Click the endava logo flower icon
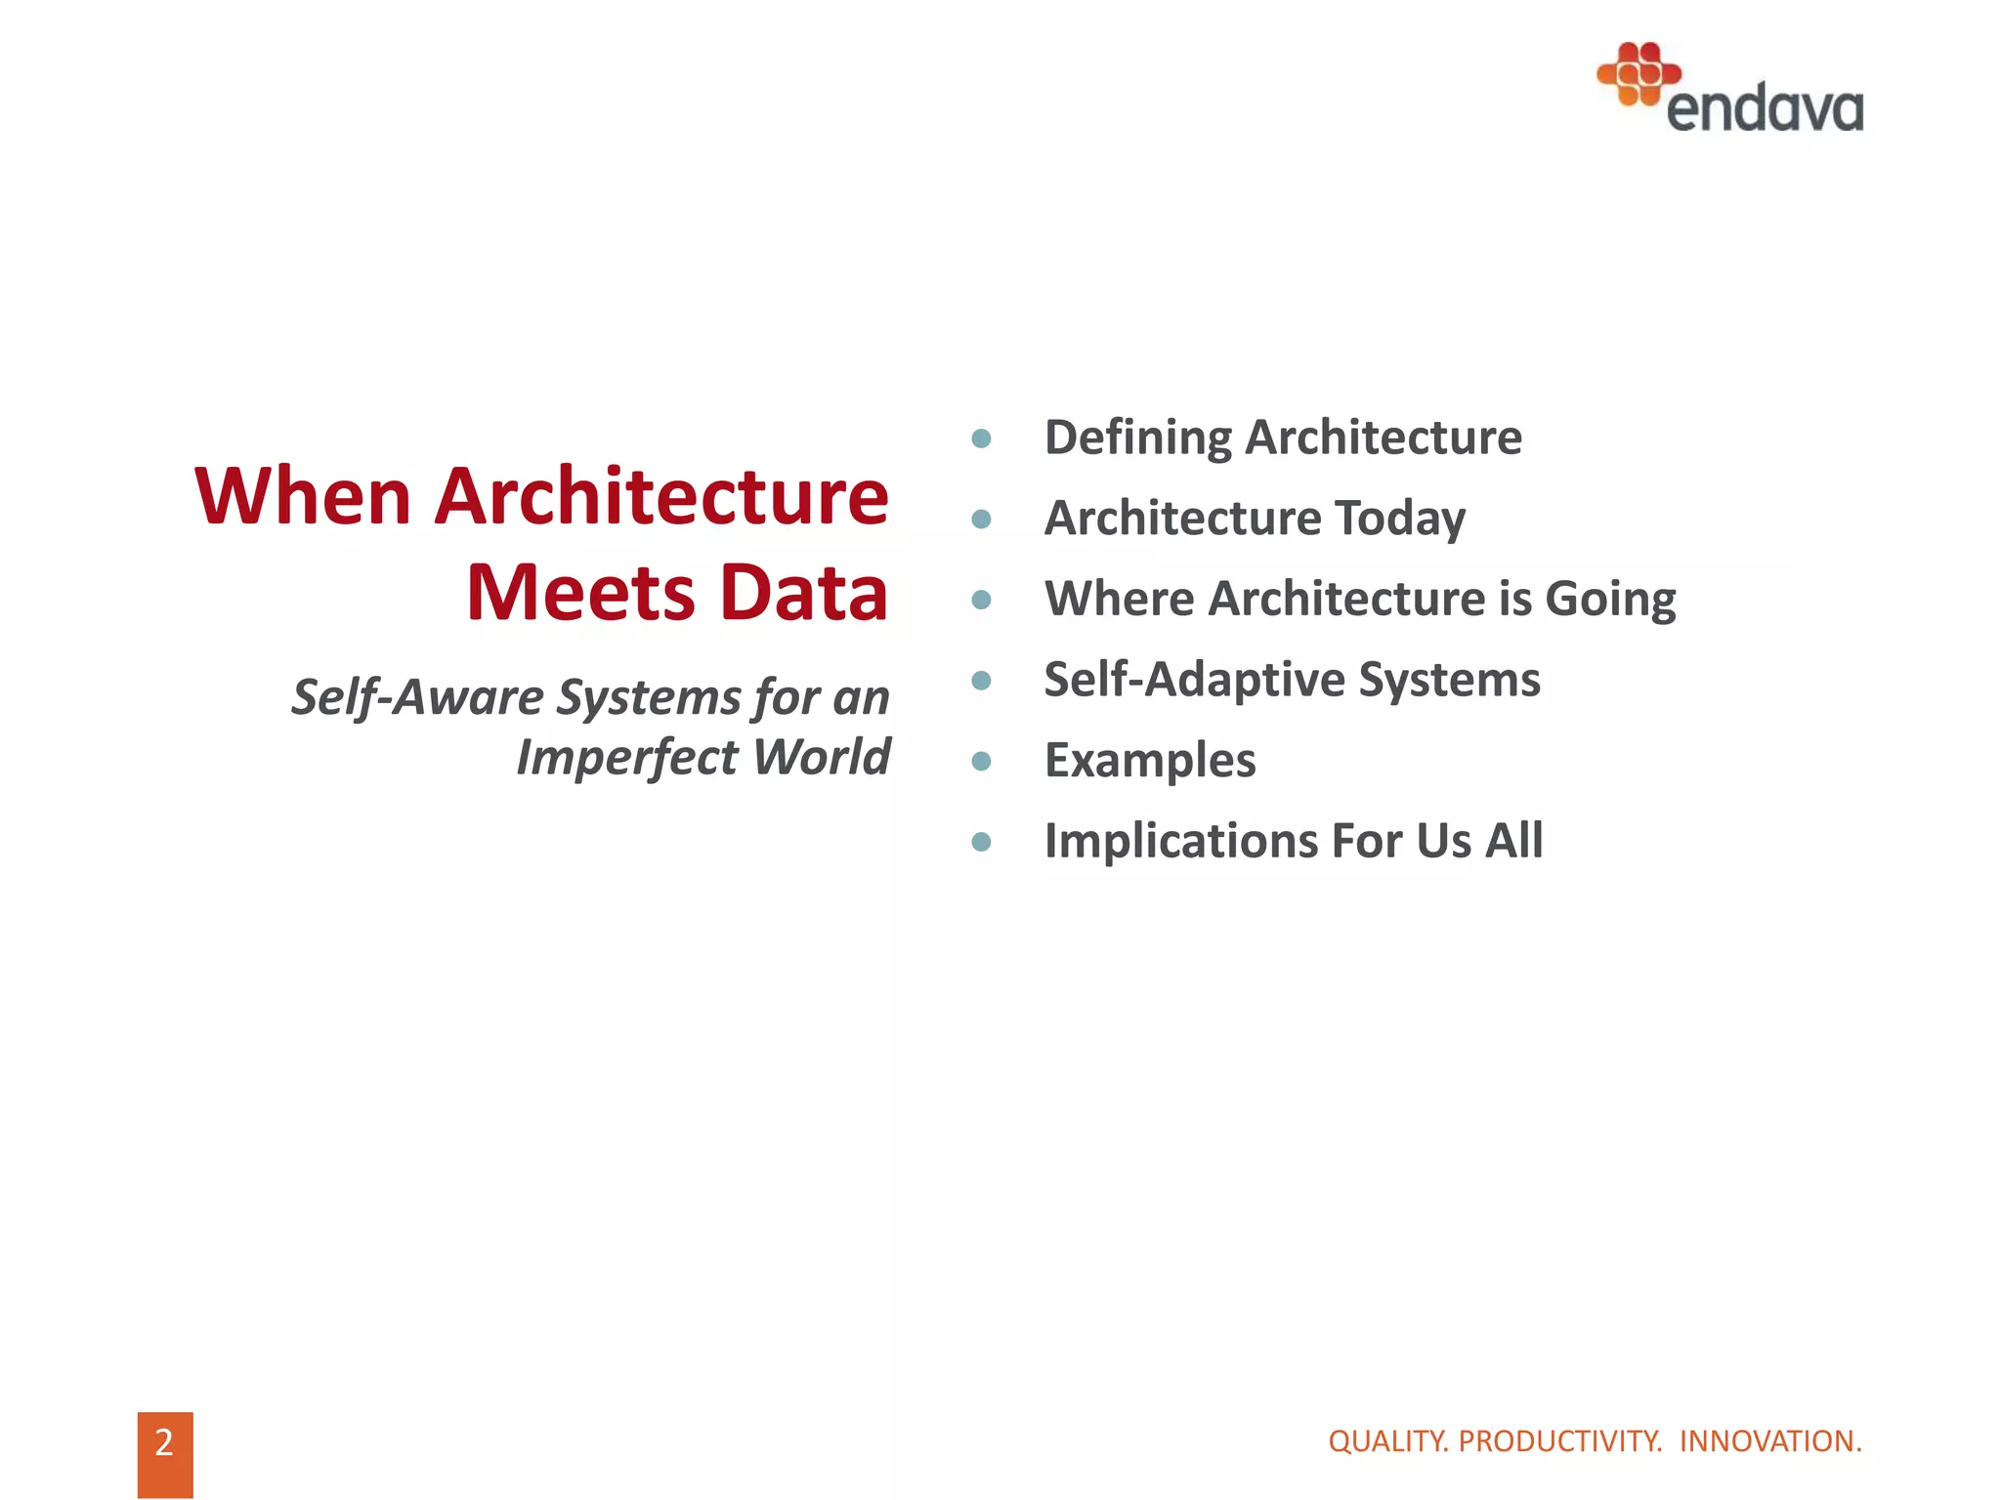point(1638,73)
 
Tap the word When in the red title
point(302,497)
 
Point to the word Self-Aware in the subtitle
point(417,698)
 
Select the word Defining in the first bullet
point(1137,438)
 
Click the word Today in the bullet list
point(1399,519)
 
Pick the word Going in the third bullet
point(1609,600)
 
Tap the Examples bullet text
point(1149,761)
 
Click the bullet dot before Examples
point(982,761)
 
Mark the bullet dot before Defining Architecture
point(982,438)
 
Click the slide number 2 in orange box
point(164,1443)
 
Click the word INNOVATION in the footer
point(1769,1441)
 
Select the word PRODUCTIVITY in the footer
point(1559,1441)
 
